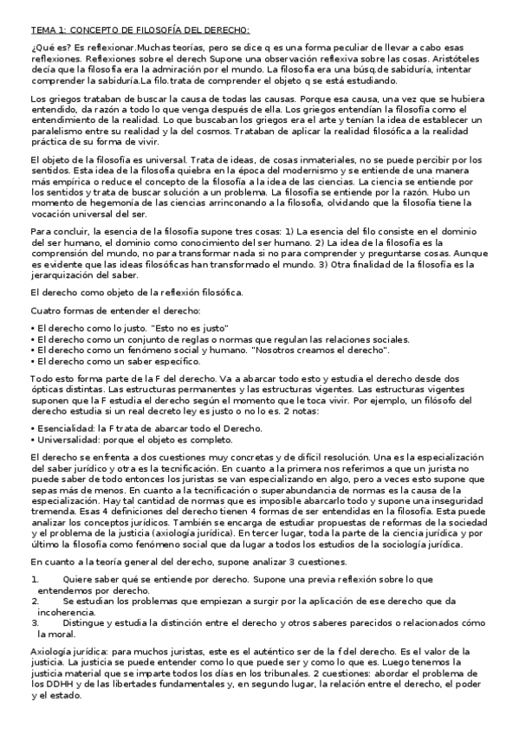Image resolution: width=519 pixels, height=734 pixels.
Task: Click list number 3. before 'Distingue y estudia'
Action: click(35, 621)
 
